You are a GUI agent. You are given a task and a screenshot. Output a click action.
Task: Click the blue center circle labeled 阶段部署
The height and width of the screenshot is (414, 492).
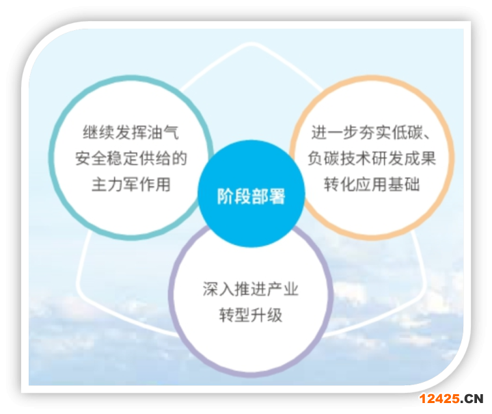click(x=251, y=194)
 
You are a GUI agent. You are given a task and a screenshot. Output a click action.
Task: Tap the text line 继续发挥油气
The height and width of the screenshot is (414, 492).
click(x=131, y=132)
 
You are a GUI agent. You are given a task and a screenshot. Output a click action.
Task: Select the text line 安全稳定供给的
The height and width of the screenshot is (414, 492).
click(x=131, y=158)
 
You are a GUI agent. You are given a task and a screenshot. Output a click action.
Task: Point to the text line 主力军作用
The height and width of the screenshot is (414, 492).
click(x=131, y=184)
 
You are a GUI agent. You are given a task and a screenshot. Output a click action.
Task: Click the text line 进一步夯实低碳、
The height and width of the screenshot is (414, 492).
click(x=372, y=132)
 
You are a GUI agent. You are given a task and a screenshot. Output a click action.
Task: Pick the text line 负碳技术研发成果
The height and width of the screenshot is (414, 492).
click(x=372, y=158)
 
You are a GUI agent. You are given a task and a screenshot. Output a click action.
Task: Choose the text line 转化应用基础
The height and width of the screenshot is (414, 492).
click(x=372, y=184)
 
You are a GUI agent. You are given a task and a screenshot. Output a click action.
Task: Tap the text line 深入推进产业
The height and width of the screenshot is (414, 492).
click(x=251, y=289)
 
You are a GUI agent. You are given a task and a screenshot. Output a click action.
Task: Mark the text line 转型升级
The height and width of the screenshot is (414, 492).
click(x=251, y=315)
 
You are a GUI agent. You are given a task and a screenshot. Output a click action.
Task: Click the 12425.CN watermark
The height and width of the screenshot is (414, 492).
click(x=451, y=399)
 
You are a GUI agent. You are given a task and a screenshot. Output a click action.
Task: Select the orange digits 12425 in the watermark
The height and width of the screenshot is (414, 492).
click(x=439, y=399)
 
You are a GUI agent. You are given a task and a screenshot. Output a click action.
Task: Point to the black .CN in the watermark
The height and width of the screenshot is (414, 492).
click(x=472, y=399)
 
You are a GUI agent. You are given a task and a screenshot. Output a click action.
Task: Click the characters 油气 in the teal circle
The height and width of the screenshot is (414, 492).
click(x=163, y=132)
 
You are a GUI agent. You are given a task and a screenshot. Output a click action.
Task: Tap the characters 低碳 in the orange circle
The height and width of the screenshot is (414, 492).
click(x=407, y=132)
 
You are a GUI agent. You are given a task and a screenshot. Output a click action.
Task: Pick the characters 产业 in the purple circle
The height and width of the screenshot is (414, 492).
click(x=283, y=289)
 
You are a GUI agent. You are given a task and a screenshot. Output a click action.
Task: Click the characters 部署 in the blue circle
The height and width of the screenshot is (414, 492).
click(x=269, y=196)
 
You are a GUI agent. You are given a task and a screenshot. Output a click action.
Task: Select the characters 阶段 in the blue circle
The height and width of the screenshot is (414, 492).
click(x=234, y=196)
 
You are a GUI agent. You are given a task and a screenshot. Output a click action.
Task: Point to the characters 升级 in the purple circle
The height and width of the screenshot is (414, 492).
click(x=266, y=315)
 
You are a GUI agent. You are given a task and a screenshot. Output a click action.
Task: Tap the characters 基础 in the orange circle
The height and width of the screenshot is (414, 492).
click(x=404, y=184)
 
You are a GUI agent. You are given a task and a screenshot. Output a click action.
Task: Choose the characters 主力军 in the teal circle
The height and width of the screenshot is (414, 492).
click(x=115, y=184)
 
